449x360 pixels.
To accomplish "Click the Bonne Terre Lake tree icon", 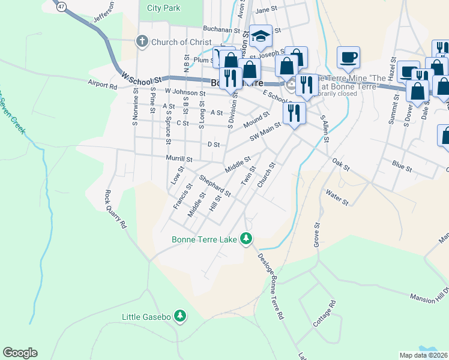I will (x=246, y=239).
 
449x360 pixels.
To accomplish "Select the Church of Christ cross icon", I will (x=142, y=42).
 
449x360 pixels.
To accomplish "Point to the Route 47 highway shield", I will (x=60, y=7).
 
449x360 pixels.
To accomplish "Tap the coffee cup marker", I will (x=348, y=58).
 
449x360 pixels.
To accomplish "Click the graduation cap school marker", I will (x=261, y=36).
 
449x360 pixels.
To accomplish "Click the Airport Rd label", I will (x=101, y=85).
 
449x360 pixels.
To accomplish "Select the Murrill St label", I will (x=179, y=159).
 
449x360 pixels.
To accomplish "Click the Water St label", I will (x=337, y=197).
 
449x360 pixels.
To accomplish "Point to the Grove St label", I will (x=315, y=235).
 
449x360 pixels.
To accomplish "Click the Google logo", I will (x=20, y=353).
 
